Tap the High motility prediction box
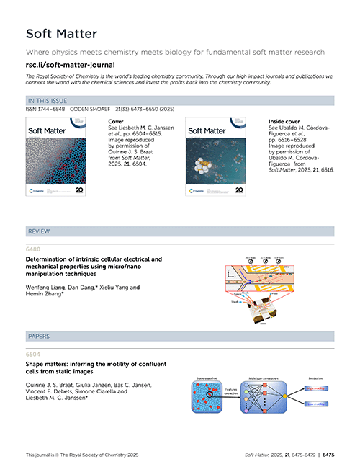pyautogui.click(x=316, y=386)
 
